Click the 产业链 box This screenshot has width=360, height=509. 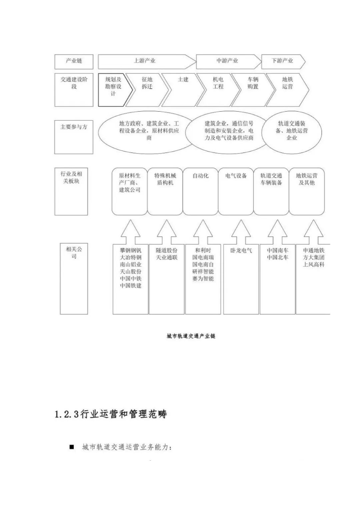pos(74,61)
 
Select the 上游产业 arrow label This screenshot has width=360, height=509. pos(145,61)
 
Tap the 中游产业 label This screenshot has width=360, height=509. pos(227,61)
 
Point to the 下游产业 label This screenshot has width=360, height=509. pos(282,61)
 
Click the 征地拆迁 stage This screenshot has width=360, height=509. pos(147,83)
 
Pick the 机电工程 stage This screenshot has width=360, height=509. pos(218,83)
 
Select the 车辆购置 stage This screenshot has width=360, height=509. pos(253,83)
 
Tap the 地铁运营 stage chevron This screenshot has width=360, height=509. pos(287,83)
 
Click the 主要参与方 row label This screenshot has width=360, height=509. pos(74,127)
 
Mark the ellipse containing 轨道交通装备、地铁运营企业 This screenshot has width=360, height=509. pos(292,131)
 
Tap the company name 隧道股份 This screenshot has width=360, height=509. pos(167,250)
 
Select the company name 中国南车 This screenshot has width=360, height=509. pos(278,250)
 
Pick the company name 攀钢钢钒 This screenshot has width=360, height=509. pos(131,250)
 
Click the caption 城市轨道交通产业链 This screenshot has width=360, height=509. pos(191,336)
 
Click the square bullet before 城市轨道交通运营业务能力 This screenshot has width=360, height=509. pos(72,447)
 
